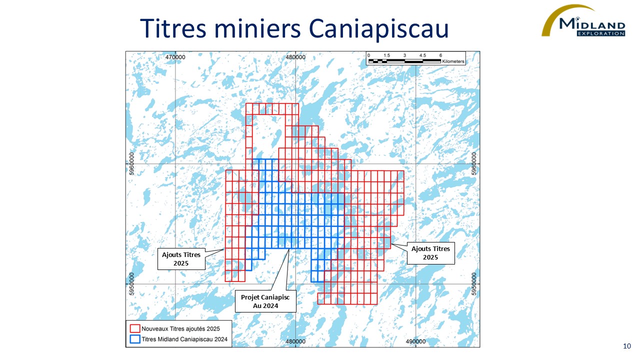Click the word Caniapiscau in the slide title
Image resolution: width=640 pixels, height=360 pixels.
click(379, 28)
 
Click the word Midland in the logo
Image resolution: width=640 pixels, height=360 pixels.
click(592, 24)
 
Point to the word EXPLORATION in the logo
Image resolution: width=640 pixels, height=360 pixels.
click(600, 33)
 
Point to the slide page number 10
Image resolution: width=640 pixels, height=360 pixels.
click(627, 346)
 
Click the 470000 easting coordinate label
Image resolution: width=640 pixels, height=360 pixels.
click(175, 57)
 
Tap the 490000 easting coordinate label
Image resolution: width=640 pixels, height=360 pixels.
click(415, 341)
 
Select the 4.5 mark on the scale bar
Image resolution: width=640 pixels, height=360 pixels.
click(422, 55)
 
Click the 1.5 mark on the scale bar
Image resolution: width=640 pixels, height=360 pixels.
click(386, 55)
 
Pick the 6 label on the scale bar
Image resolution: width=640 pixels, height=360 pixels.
click(440, 55)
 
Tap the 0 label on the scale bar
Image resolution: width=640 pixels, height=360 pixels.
click(368, 55)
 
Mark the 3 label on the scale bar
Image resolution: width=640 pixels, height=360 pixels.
click(404, 55)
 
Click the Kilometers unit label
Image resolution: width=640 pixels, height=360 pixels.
click(452, 61)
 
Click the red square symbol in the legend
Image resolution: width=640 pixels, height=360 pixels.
click(134, 328)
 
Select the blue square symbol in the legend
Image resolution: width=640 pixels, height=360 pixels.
click(134, 338)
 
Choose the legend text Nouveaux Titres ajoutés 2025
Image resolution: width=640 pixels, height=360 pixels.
click(180, 328)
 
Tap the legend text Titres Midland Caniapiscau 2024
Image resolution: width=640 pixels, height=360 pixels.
click(184, 339)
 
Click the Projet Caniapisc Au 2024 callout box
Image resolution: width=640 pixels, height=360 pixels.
click(265, 301)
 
